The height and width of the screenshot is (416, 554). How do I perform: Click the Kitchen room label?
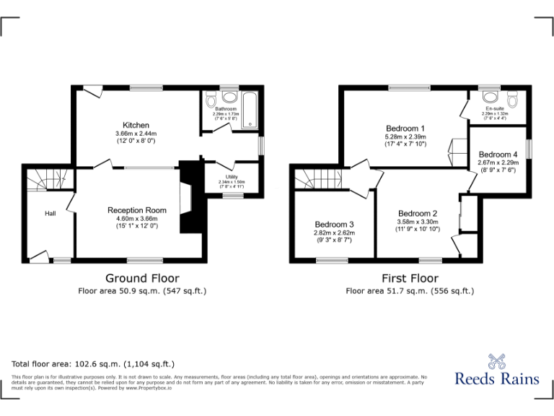pyautogui.click(x=136, y=124)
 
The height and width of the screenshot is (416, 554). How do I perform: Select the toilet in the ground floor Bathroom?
pyautogui.click(x=211, y=99)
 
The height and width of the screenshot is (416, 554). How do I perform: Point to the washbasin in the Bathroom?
pyautogui.click(x=230, y=97)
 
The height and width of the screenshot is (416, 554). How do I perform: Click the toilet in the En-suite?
pyautogui.click(x=512, y=98)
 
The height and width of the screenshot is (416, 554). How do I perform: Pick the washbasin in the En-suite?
pyautogui.click(x=491, y=96)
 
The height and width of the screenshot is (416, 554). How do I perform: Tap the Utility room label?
pyautogui.click(x=232, y=177)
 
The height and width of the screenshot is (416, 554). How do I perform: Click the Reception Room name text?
pyautogui.click(x=137, y=210)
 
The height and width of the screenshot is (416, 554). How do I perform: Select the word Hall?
pyautogui.click(x=50, y=214)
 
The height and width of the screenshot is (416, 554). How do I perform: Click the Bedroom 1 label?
pyautogui.click(x=405, y=129)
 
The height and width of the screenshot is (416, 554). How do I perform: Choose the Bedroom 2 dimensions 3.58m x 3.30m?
pyautogui.click(x=417, y=222)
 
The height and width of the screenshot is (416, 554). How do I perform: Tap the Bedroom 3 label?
pyautogui.click(x=333, y=225)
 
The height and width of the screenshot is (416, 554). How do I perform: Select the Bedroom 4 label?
pyautogui.click(x=498, y=155)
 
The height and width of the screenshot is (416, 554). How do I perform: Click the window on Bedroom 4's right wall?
pyautogui.click(x=529, y=147)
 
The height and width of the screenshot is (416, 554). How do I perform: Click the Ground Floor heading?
pyautogui.click(x=142, y=278)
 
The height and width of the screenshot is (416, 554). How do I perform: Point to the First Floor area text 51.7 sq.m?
pyautogui.click(x=409, y=291)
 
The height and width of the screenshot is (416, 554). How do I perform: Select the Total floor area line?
pyautogui.click(x=93, y=364)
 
